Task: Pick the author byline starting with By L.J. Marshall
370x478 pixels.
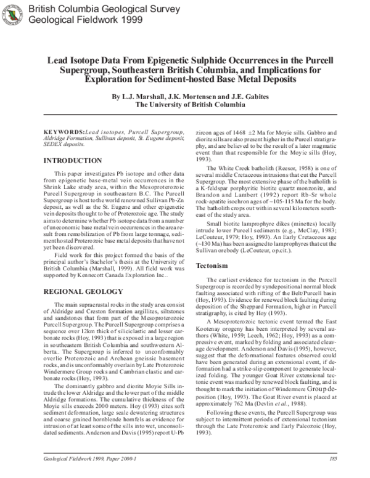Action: point(185,97)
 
